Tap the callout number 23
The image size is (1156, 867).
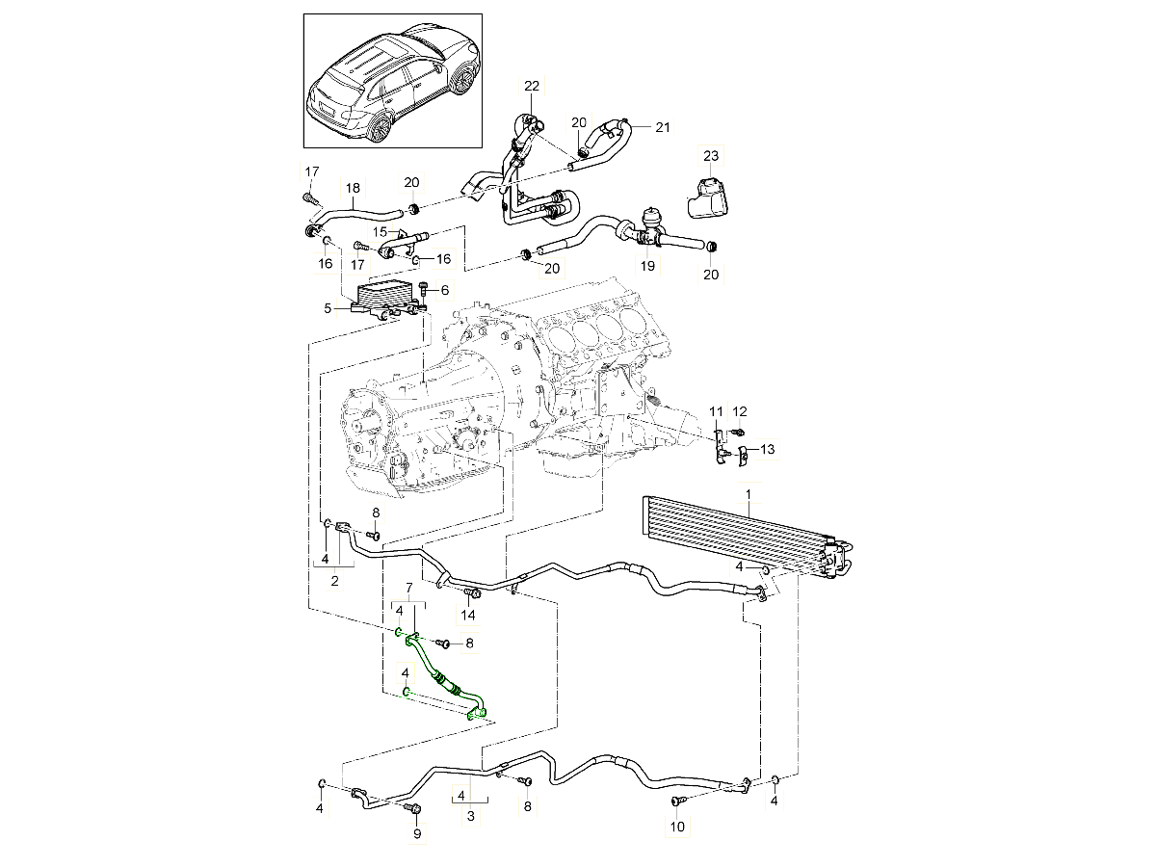[710, 155]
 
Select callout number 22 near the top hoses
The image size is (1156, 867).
[532, 87]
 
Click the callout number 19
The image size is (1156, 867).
[647, 265]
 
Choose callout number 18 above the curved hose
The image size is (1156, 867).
[353, 188]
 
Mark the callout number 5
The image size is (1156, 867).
[328, 308]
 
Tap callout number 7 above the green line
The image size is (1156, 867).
[408, 587]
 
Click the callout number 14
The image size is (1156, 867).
[469, 615]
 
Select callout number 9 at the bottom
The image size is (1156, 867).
[417, 834]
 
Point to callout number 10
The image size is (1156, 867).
[676, 827]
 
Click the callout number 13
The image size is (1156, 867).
[767, 449]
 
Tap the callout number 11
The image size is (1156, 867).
[717, 412]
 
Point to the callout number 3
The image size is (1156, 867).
[471, 816]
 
